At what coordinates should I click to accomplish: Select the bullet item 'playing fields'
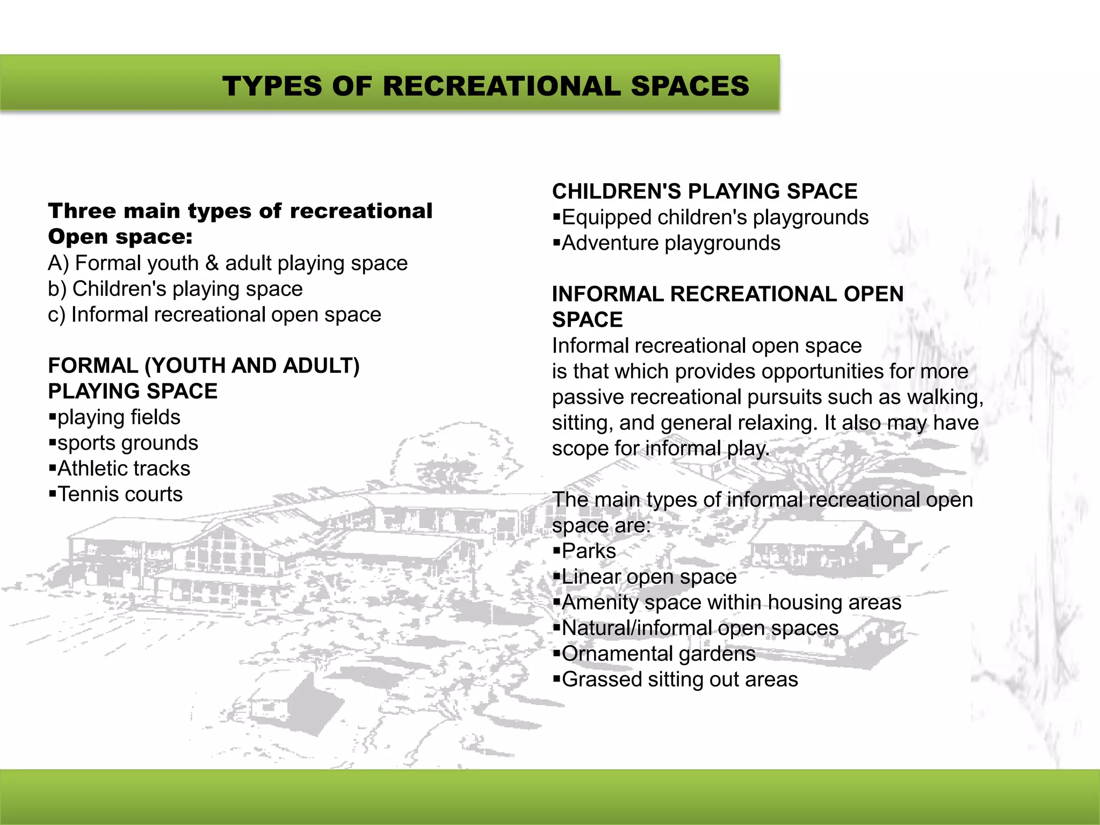tap(119, 417)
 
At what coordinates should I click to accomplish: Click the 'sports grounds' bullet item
tap(127, 443)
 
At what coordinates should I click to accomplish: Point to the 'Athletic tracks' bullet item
tap(124, 469)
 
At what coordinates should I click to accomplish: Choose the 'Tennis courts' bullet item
tap(120, 494)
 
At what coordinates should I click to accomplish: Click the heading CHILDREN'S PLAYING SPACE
tap(704, 191)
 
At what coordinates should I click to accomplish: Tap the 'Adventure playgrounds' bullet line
tap(670, 243)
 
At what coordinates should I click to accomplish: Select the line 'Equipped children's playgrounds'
tap(714, 218)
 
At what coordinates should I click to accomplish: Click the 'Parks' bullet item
tap(588, 551)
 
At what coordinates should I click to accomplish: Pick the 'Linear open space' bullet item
tap(649, 577)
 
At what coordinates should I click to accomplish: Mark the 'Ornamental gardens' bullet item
tap(658, 654)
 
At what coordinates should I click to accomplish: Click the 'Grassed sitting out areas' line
tap(679, 679)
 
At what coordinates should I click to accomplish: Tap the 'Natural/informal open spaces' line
tap(699, 628)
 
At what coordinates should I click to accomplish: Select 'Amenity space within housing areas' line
tap(731, 603)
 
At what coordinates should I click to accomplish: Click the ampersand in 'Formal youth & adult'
tap(212, 263)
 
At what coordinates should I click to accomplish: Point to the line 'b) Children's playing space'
tap(175, 289)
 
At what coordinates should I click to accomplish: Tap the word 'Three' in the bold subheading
tap(81, 211)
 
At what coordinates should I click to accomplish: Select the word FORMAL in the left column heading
tap(92, 366)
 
